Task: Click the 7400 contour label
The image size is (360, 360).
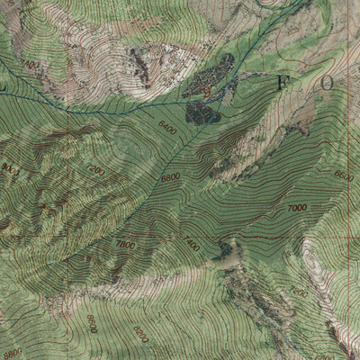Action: pyautogui.click(x=33, y=66)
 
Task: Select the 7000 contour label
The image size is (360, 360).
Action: pyautogui.click(x=297, y=208)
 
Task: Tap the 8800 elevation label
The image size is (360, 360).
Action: pyautogui.click(x=11, y=353)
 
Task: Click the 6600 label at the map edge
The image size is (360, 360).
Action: pyautogui.click(x=343, y=176)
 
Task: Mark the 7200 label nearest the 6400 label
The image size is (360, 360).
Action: pyautogui.click(x=95, y=169)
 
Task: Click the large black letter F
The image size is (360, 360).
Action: pyautogui.click(x=281, y=83)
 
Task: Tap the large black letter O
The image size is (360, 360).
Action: pyautogui.click(x=326, y=83)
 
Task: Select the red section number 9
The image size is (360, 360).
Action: pyautogui.click(x=208, y=90)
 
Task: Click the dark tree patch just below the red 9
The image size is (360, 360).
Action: pyautogui.click(x=202, y=112)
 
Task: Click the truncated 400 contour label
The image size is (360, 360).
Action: pyautogui.click(x=191, y=244)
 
